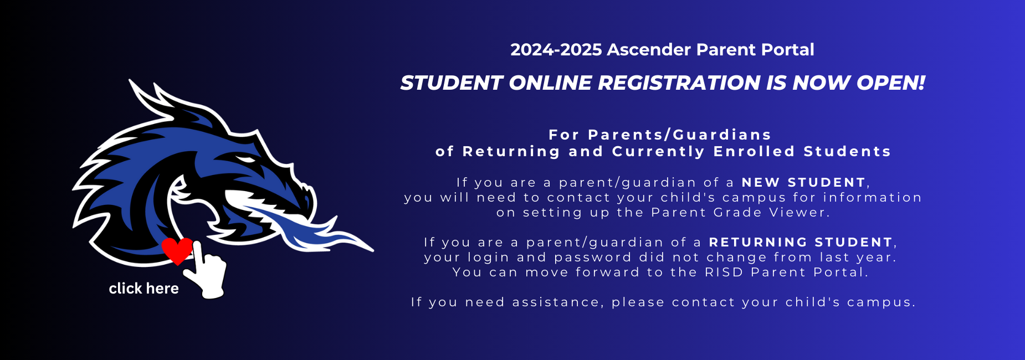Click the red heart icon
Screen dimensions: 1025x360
[177, 251]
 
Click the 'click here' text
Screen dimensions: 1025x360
[143, 288]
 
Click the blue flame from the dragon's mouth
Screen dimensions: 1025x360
[310, 227]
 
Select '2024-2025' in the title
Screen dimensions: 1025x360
[556, 50]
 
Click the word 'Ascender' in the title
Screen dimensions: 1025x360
[649, 50]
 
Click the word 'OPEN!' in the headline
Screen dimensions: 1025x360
[890, 83]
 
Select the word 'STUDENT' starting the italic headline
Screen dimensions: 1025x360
[451, 83]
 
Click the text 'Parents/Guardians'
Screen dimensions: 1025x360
[679, 135]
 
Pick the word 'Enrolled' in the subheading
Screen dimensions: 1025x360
[754, 151]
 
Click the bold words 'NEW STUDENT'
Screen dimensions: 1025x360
[803, 182]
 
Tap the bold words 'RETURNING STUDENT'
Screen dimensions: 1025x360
[801, 242]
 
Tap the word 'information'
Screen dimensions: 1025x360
[872, 197]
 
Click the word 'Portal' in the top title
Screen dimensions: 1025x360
[787, 50]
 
